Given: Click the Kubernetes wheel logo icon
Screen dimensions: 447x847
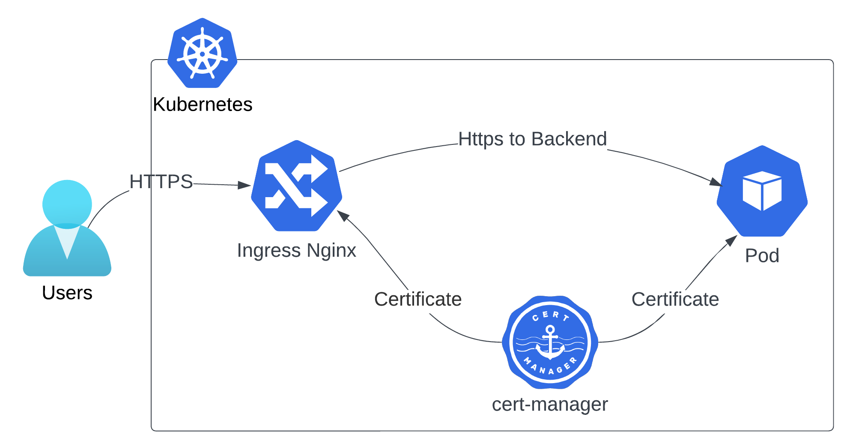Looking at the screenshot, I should click(x=202, y=53).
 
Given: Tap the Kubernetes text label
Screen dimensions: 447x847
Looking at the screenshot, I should click(x=203, y=105).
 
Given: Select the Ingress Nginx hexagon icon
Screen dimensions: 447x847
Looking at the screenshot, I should click(x=296, y=186).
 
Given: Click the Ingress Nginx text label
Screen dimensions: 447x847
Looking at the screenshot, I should click(x=296, y=250).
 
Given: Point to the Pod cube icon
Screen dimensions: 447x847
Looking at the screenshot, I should click(x=762, y=191).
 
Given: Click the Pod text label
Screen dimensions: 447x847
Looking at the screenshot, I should click(x=762, y=256).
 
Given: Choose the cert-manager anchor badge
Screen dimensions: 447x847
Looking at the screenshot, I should click(x=550, y=342).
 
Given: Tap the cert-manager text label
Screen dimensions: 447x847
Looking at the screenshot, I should click(x=550, y=404).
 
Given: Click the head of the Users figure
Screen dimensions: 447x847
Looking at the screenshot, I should click(x=67, y=204).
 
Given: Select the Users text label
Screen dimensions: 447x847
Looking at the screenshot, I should click(x=67, y=293).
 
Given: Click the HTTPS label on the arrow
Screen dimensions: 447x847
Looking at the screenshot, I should click(x=161, y=182).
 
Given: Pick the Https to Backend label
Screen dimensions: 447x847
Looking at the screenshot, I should click(x=532, y=139).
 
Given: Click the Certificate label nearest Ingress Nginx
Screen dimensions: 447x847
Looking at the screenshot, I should click(x=418, y=299).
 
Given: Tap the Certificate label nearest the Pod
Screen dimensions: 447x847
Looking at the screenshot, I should click(x=675, y=299).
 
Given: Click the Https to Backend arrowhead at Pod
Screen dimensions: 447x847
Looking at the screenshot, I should click(x=716, y=183).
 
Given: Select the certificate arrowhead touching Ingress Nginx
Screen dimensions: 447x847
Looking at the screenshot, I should click(x=343, y=215).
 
